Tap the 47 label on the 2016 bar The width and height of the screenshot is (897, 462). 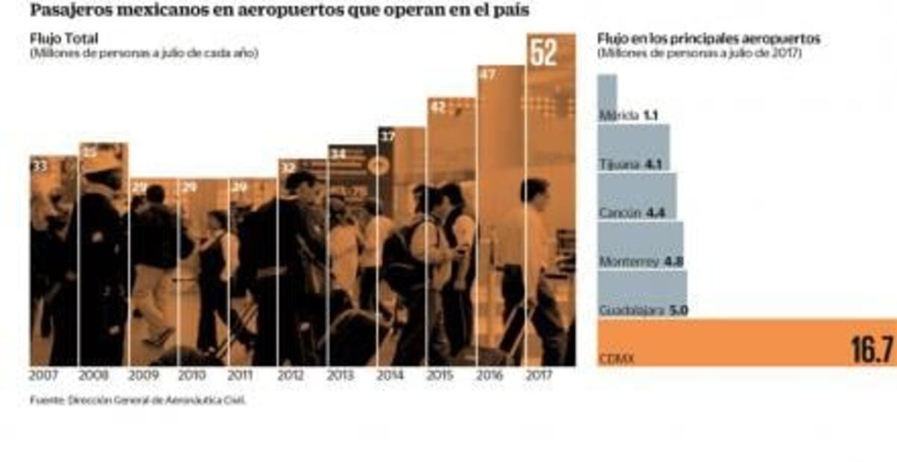point(486,75)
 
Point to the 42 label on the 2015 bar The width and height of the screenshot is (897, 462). point(437,107)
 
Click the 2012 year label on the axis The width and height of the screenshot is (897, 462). point(291,376)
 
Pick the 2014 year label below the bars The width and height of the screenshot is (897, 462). point(390,376)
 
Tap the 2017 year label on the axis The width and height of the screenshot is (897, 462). point(538,376)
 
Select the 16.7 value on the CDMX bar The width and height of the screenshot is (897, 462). point(870,349)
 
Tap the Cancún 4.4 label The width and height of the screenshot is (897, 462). point(631,213)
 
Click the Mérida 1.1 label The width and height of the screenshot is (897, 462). point(628,115)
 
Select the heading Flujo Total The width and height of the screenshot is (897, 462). point(64,39)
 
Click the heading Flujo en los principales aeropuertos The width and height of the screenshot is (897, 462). point(709,39)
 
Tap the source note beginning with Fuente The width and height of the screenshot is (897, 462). point(138,400)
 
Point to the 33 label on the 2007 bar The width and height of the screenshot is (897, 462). point(39,166)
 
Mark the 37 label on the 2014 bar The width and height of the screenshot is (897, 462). point(387,136)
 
